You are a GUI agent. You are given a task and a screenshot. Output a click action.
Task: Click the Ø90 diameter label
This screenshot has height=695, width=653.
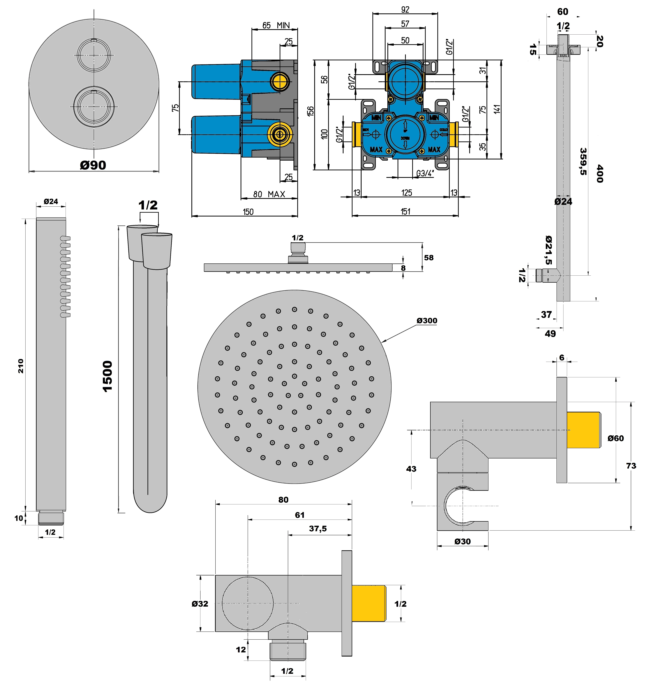pyautogui.click(x=93, y=165)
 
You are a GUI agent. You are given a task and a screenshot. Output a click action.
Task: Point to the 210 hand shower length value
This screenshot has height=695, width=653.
pyautogui.click(x=21, y=366)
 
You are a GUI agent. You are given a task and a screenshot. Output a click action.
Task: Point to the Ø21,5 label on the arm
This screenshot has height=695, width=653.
pyautogui.click(x=549, y=250)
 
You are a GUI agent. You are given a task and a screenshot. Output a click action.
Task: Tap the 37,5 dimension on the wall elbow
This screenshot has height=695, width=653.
pyautogui.click(x=318, y=529)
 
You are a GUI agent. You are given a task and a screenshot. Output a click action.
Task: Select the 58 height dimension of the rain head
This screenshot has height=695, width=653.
pyautogui.click(x=429, y=258)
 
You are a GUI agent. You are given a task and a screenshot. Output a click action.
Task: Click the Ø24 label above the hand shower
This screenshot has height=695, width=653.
pyautogui.click(x=51, y=201)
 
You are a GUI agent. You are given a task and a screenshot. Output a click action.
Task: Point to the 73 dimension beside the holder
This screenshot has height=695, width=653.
pyautogui.click(x=631, y=466)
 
